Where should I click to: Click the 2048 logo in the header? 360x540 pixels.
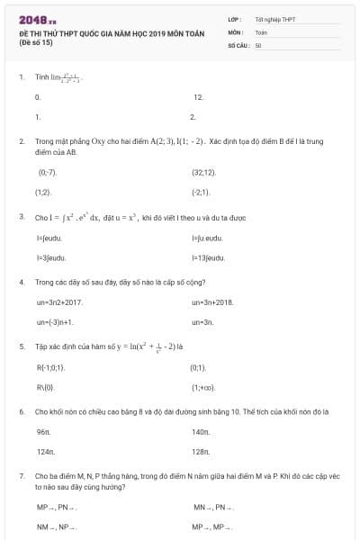[37, 19]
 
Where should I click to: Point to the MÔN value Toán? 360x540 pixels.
[261, 31]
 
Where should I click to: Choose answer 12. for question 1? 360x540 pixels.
[198, 96]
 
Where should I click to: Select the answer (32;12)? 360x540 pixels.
[203, 172]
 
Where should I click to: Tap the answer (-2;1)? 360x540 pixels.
[200, 193]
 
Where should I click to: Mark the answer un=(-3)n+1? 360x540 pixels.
[55, 321]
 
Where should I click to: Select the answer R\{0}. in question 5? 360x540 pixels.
[46, 388]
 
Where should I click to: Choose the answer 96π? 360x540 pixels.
[43, 433]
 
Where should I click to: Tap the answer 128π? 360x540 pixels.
[200, 452]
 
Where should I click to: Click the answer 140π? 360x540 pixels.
[200, 433]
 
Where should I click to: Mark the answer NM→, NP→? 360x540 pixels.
[51, 526]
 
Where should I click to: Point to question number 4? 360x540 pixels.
[21, 282]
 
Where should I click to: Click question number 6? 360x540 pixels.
[21, 411]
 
